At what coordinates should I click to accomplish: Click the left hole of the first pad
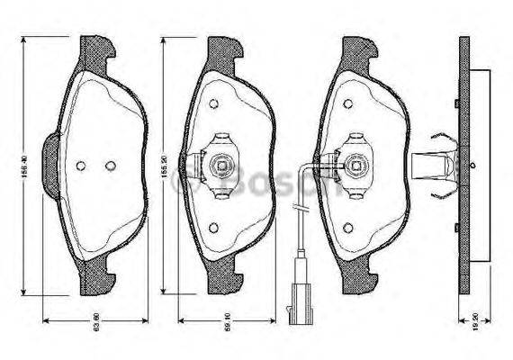pyautogui.click(x=81, y=166)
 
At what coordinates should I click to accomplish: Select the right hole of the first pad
pyautogui.click(x=110, y=166)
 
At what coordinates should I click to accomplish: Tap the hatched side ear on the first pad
pyautogui.click(x=51, y=156)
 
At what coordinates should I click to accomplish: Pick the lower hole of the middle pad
pyautogui.click(x=213, y=228)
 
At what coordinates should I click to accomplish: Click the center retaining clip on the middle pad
pyautogui.click(x=219, y=165)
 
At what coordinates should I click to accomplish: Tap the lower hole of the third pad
pyautogui.click(x=347, y=227)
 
